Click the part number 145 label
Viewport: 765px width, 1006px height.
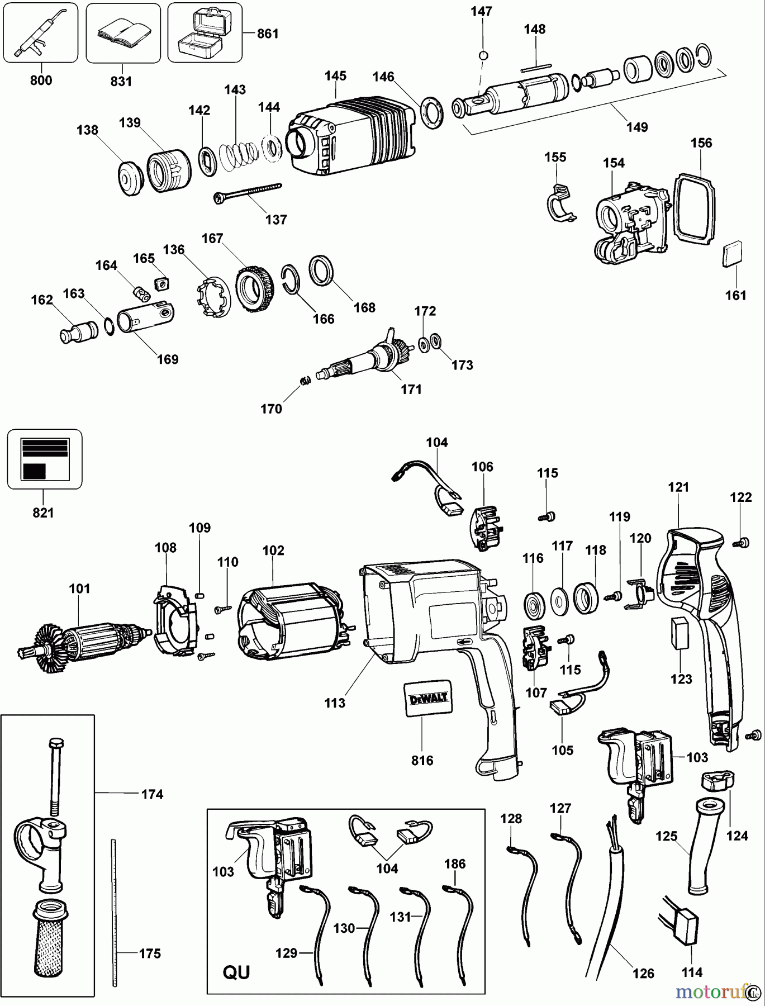[335, 75]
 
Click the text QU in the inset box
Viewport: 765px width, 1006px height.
[236, 972]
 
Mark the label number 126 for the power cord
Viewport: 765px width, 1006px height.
[643, 973]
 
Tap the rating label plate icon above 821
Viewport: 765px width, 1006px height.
[44, 458]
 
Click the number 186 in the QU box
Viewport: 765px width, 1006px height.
[455, 863]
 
